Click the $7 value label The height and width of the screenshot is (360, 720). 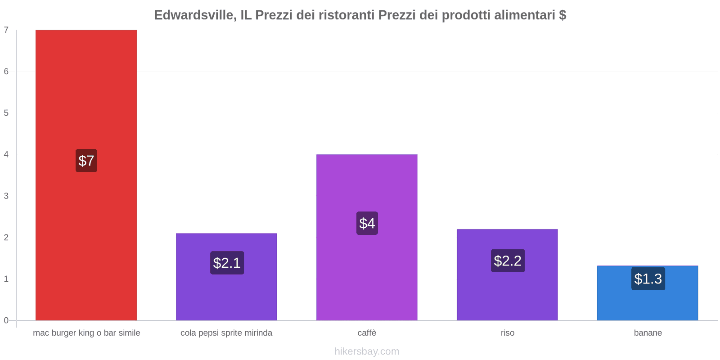pos(86,161)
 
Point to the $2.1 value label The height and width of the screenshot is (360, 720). pos(227,263)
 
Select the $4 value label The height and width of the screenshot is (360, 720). pos(367,223)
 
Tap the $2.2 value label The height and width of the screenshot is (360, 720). pos(508,261)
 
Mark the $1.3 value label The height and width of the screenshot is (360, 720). pos(648,279)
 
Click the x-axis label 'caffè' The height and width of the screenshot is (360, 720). pos(367,333)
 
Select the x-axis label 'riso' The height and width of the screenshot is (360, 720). pos(507,333)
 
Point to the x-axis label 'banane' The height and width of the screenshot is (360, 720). pos(648,333)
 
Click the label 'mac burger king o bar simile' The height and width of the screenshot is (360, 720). pos(86,333)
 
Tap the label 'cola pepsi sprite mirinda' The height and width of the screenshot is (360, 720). pos(226,333)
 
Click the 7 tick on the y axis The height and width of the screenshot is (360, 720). pos(6,30)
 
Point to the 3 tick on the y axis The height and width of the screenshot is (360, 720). pos(6,196)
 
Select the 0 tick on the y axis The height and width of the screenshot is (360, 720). pos(6,320)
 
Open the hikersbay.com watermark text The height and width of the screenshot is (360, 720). pos(367,351)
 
